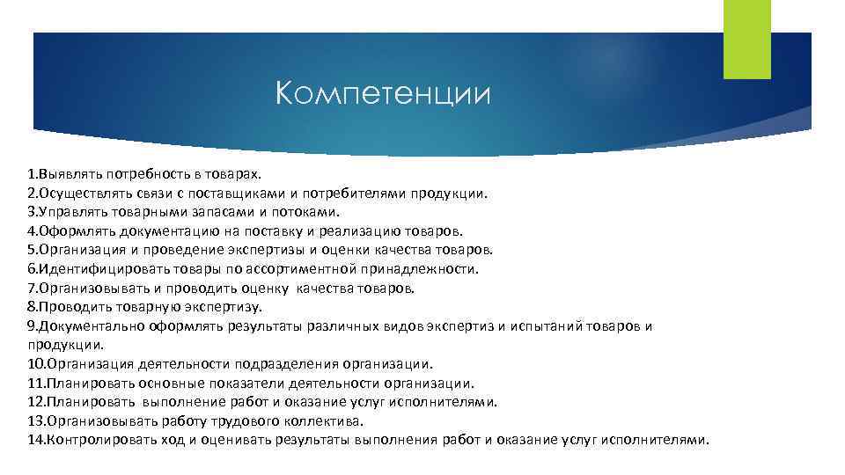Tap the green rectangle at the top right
pos(746,40)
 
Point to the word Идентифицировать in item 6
pos(93,269)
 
